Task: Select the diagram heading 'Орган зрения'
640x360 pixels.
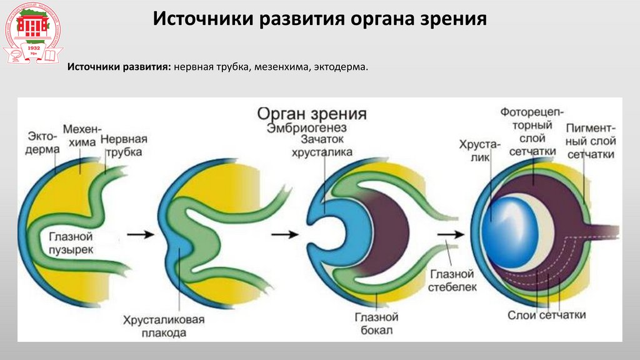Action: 312,114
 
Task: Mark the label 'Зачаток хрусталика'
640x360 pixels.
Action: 326,146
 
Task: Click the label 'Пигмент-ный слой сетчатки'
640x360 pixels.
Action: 589,141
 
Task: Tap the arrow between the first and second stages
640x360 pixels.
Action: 138,235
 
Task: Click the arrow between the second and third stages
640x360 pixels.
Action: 284,235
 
